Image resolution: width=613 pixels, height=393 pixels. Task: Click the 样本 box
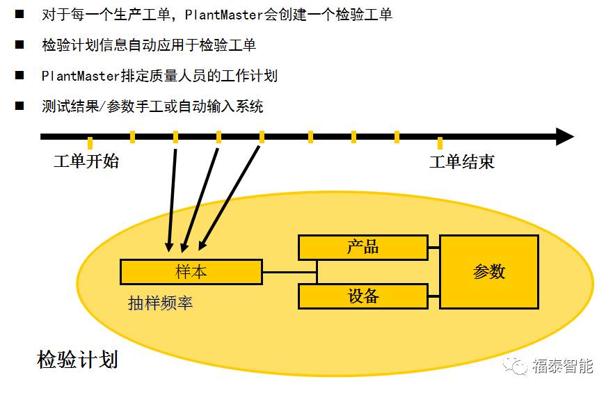point(191,272)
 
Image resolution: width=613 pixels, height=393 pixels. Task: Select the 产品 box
point(363,247)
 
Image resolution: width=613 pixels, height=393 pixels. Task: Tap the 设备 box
point(363,296)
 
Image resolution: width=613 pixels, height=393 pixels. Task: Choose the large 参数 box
point(488,272)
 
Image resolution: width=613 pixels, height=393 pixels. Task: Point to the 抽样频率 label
point(160,303)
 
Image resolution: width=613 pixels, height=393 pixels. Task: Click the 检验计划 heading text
point(77,360)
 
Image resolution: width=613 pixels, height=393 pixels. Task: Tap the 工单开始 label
point(86,162)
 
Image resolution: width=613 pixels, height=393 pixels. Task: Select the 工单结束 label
point(462,162)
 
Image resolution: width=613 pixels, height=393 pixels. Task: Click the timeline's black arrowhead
point(564,137)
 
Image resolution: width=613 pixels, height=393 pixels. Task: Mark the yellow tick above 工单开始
point(90,143)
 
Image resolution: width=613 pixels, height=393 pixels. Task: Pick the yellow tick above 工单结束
point(440,143)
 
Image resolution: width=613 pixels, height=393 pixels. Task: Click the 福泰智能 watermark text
point(563,366)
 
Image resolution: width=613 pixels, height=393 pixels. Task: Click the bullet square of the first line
point(19,14)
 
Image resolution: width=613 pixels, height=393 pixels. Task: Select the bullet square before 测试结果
point(19,106)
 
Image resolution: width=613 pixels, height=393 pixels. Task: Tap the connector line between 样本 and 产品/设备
point(289,272)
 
